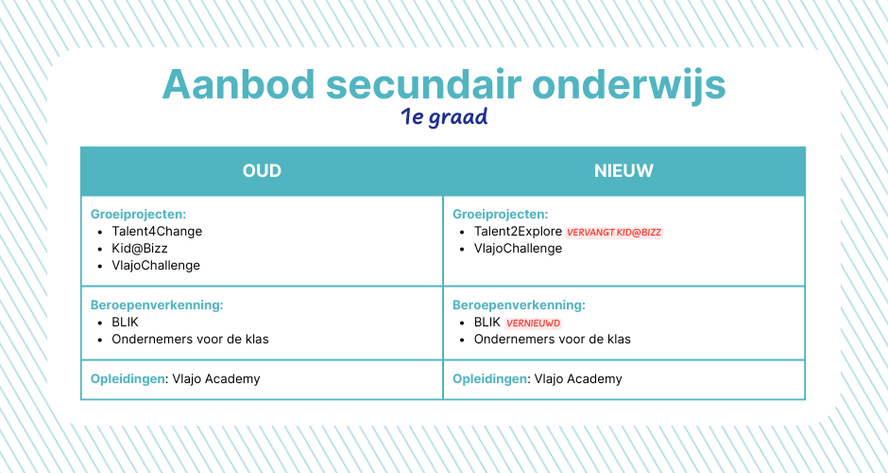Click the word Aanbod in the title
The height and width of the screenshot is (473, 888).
click(238, 84)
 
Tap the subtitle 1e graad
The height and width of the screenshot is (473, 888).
click(444, 117)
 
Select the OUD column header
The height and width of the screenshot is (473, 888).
click(262, 170)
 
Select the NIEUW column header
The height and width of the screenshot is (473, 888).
click(623, 170)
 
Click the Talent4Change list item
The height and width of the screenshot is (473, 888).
click(157, 232)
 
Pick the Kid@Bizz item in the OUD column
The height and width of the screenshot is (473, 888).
click(139, 249)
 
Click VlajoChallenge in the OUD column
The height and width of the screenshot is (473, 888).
click(156, 266)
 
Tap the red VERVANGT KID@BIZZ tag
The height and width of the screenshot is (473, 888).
click(614, 233)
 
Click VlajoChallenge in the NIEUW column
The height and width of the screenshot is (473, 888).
click(519, 249)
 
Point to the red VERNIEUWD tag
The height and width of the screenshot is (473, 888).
click(533, 324)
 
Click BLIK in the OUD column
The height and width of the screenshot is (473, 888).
click(125, 323)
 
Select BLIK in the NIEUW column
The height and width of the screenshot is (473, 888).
click(487, 323)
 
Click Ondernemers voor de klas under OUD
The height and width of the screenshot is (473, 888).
click(190, 340)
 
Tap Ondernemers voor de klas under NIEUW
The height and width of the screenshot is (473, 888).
click(553, 340)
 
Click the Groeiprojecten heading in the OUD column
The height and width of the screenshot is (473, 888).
click(138, 215)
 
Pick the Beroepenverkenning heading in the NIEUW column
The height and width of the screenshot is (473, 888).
click(519, 306)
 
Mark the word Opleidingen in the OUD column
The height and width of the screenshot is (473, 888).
click(128, 378)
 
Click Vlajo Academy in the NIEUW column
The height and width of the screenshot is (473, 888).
click(577, 378)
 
